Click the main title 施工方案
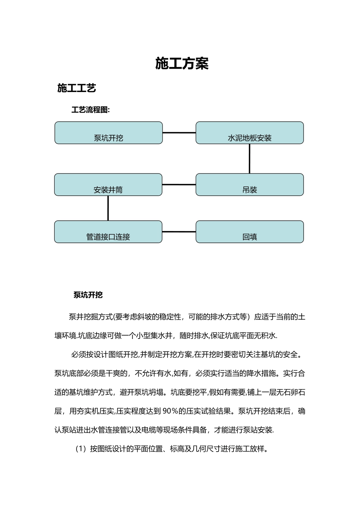click(182, 64)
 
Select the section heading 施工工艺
click(77, 88)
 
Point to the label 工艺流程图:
click(91, 110)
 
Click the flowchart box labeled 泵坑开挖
click(108, 133)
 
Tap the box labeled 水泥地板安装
click(249, 133)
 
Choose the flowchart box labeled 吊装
click(249, 185)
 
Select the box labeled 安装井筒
click(108, 185)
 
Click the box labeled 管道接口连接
click(108, 232)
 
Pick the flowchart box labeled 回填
click(249, 232)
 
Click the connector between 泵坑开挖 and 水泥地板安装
click(179, 133)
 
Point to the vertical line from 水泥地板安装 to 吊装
click(249, 159)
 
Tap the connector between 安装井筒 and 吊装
click(179, 185)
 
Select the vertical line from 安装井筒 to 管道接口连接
click(108, 208)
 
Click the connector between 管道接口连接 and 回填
click(179, 232)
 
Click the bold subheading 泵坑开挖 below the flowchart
click(88, 295)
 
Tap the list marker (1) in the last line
click(81, 449)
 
